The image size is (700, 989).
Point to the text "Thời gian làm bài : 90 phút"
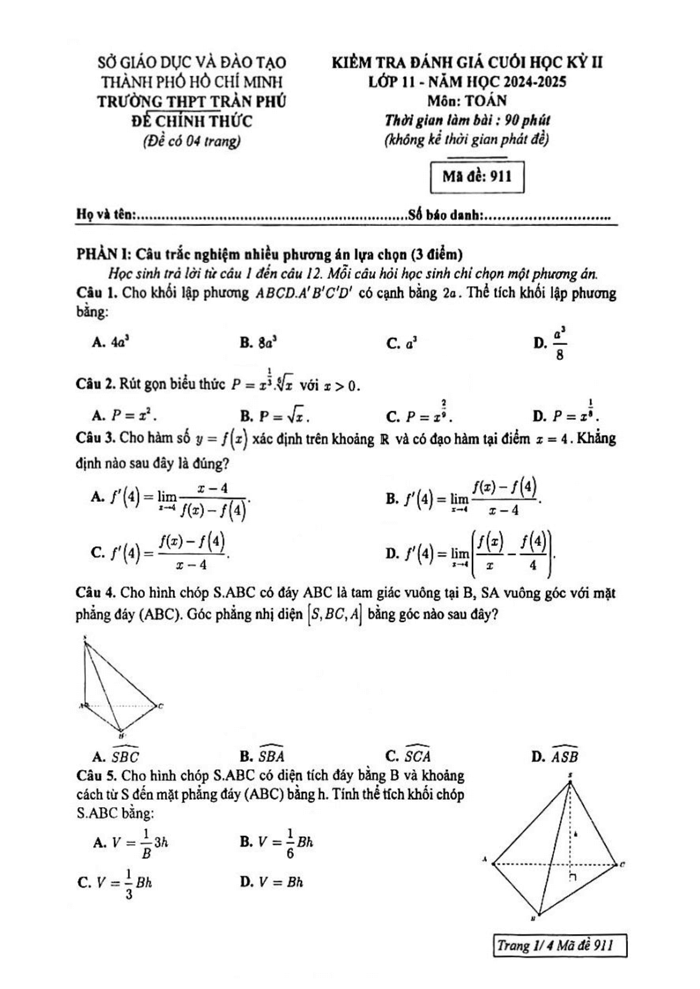click(467, 119)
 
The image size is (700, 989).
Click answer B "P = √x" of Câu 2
click(273, 414)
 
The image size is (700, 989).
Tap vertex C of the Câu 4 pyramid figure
click(159, 706)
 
